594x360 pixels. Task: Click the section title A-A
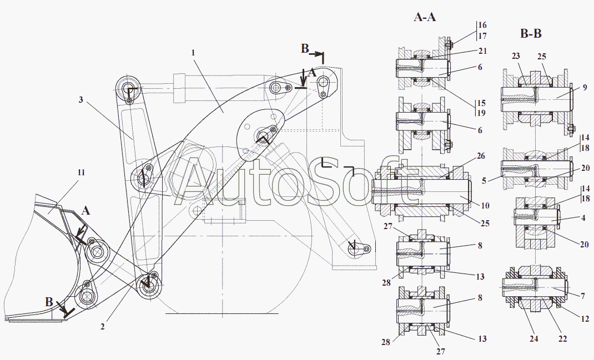pyautogui.click(x=425, y=17)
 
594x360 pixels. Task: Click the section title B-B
pyautogui.click(x=531, y=34)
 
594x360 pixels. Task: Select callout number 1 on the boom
pyautogui.click(x=193, y=53)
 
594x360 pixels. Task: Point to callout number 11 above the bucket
pyautogui.click(x=81, y=173)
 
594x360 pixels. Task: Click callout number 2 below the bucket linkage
pyautogui.click(x=103, y=326)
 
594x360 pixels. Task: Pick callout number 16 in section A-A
pyautogui.click(x=482, y=25)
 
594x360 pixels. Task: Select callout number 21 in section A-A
pyautogui.click(x=482, y=50)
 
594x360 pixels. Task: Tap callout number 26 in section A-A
pyautogui.click(x=481, y=156)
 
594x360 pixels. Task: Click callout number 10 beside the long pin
pyautogui.click(x=485, y=206)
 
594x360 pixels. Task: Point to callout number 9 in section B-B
pyautogui.click(x=585, y=88)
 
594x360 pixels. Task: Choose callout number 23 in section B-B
pyautogui.click(x=516, y=56)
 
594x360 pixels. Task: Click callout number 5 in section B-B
pyautogui.click(x=484, y=181)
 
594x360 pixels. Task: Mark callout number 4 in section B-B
pyautogui.click(x=583, y=218)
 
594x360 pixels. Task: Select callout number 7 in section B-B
pyautogui.click(x=583, y=296)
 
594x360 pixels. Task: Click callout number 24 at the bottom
pyautogui.click(x=533, y=339)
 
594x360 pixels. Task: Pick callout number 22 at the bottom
pyautogui.click(x=563, y=339)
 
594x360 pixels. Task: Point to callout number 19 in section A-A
pyautogui.click(x=481, y=113)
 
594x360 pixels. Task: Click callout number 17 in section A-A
pyautogui.click(x=482, y=36)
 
